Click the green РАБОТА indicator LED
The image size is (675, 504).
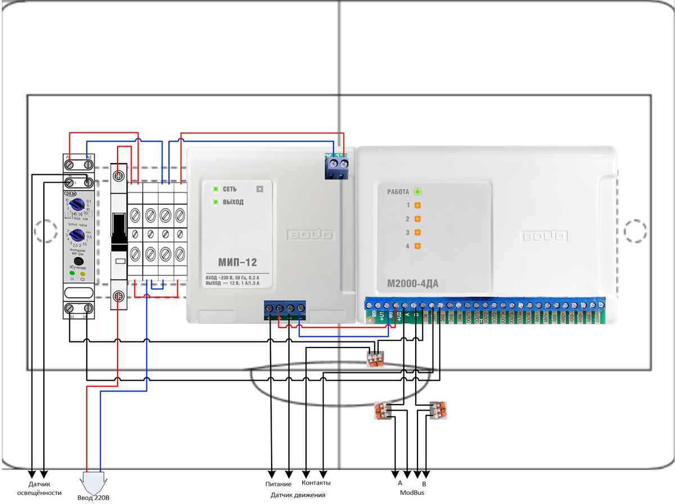pos(418,192)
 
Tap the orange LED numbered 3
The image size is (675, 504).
pos(418,232)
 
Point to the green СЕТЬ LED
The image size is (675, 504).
pos(214,189)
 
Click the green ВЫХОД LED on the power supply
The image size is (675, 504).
pos(214,202)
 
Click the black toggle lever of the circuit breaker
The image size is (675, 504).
pos(119,232)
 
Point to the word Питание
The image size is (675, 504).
pos(278,484)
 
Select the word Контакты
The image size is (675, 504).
pos(316,483)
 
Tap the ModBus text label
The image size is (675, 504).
pos(412,493)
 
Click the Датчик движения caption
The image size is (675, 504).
pos(298,495)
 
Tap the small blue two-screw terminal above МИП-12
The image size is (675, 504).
pos(336,166)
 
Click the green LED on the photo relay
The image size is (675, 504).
pos(71,273)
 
